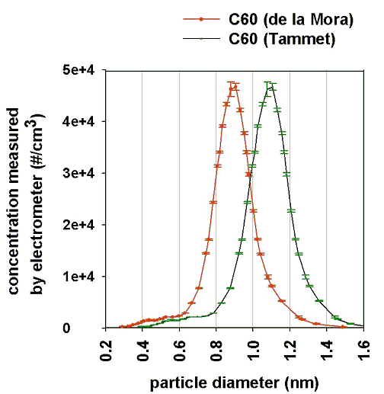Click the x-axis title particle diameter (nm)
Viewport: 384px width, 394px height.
235,379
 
